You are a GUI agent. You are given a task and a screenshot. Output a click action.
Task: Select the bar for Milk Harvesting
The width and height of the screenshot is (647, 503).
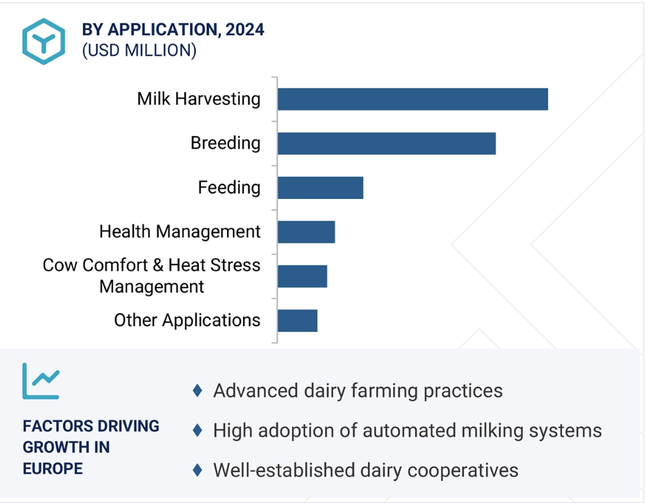pos(413,99)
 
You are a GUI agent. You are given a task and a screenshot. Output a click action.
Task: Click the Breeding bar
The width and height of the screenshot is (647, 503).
pos(387,143)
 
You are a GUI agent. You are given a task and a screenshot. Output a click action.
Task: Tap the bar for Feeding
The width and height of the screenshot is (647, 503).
pos(320,187)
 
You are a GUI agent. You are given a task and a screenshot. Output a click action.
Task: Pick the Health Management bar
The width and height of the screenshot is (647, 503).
pos(306,231)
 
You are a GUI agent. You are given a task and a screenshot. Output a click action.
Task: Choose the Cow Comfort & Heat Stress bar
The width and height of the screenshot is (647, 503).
pos(302,276)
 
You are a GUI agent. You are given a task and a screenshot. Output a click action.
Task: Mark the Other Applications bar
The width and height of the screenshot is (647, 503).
pos(298,321)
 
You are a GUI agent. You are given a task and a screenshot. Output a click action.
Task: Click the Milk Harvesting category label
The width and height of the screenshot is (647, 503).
pos(199,99)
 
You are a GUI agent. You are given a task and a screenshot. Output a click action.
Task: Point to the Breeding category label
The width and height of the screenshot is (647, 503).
pos(226,143)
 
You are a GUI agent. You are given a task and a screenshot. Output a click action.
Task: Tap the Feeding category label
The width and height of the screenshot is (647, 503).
pos(229,187)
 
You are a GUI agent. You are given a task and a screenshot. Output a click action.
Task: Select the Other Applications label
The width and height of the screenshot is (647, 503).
pos(187,321)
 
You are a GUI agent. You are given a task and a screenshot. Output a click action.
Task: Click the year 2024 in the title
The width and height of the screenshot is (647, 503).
pos(245,30)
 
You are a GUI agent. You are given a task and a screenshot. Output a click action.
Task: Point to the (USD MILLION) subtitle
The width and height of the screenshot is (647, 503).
pos(139,50)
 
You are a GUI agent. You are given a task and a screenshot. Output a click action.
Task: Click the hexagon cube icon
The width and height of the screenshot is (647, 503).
pos(44,41)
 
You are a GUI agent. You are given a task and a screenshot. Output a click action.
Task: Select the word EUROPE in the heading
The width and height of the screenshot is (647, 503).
pos(52,468)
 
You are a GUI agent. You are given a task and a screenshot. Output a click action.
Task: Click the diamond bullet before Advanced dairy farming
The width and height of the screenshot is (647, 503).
pos(197,390)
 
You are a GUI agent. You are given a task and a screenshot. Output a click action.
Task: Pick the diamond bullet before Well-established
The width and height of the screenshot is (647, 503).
pos(197,470)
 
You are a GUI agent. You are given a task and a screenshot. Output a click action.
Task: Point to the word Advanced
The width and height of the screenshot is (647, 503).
pos(255,390)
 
